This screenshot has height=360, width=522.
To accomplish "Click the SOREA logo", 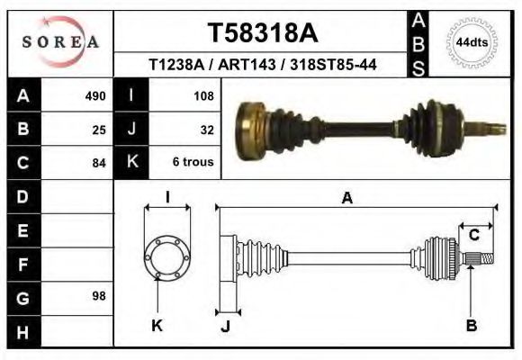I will coord(59,41).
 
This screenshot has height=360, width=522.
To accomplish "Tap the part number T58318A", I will coord(263,33).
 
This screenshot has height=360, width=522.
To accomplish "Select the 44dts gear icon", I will coord(472,42).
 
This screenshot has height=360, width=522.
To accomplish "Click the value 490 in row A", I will coord(95,94).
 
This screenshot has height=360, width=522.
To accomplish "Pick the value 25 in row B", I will coord(99,129).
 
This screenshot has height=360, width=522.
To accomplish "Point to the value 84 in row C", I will coord(99,163).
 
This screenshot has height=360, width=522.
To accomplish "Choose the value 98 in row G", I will coord(99,296).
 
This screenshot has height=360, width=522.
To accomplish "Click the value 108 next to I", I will coord(203,94).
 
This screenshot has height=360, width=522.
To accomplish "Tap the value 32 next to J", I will coord(207,129).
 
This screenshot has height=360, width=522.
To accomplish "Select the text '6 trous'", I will coord(193,162).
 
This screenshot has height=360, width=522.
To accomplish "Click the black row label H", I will coord(22,331).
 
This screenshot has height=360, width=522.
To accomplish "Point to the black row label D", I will coord(22,195).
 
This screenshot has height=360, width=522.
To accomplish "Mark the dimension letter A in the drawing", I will coord(346,200).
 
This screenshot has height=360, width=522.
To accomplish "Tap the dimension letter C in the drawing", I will coord(473,236).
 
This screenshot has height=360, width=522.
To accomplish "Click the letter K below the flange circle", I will coord(157,326).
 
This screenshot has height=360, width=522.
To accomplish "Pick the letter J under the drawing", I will coord(226,326).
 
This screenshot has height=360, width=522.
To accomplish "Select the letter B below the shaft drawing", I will coord(471,326).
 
